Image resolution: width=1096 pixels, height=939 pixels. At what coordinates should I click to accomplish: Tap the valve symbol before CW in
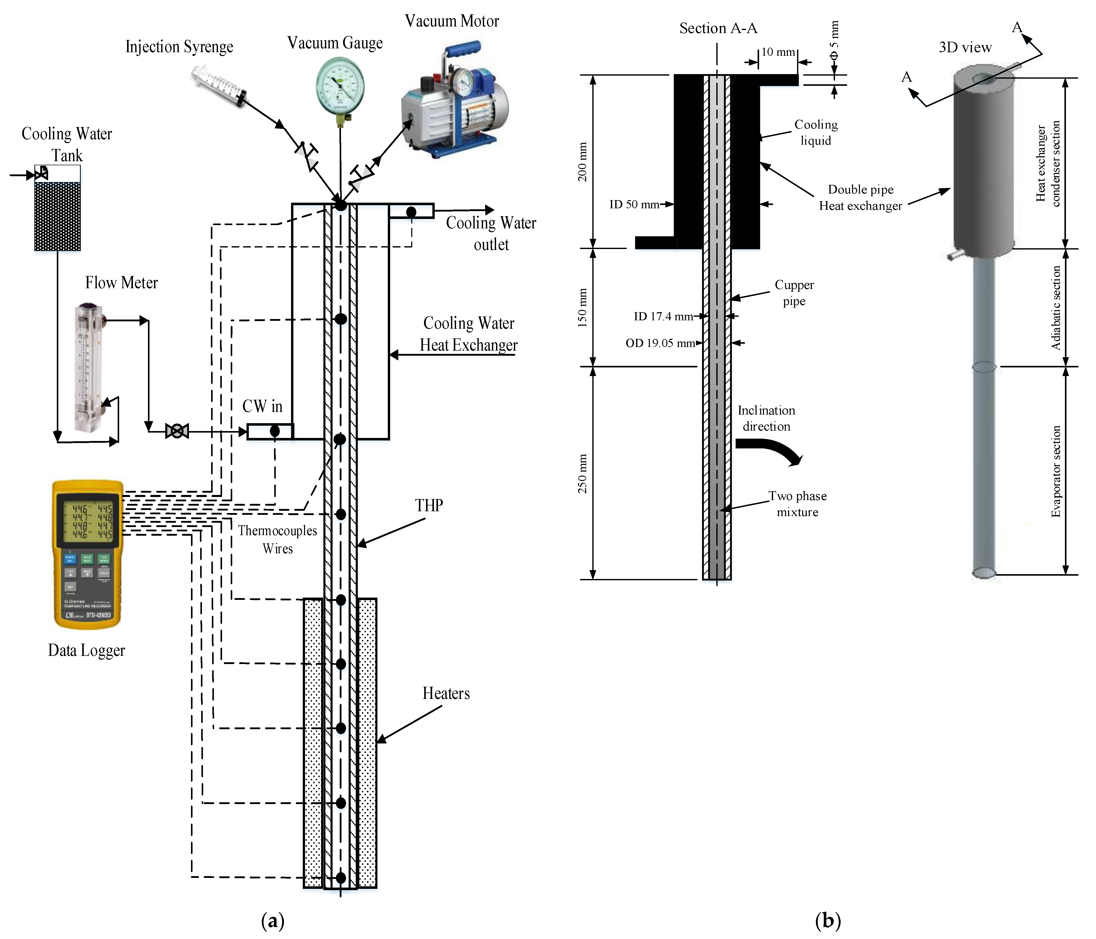tap(177, 431)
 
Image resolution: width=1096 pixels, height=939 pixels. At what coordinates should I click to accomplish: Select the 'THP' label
tap(429, 506)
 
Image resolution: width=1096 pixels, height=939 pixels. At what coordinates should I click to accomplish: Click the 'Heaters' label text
tap(446, 694)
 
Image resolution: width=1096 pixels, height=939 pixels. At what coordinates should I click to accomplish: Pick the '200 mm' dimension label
tap(582, 162)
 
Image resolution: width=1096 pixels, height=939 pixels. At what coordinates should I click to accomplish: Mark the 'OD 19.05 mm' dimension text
tap(660, 343)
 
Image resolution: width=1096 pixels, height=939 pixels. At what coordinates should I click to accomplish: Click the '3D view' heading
tap(965, 48)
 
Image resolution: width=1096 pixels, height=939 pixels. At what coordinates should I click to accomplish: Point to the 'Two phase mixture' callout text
tap(797, 504)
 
